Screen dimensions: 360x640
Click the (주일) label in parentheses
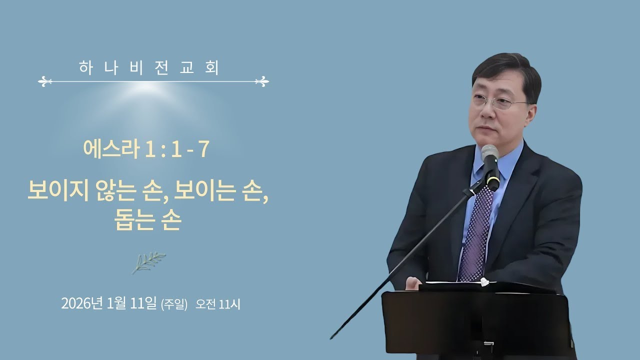174,304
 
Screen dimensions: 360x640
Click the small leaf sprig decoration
148,262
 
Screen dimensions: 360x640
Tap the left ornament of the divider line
45,81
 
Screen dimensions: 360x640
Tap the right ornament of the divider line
262,81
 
